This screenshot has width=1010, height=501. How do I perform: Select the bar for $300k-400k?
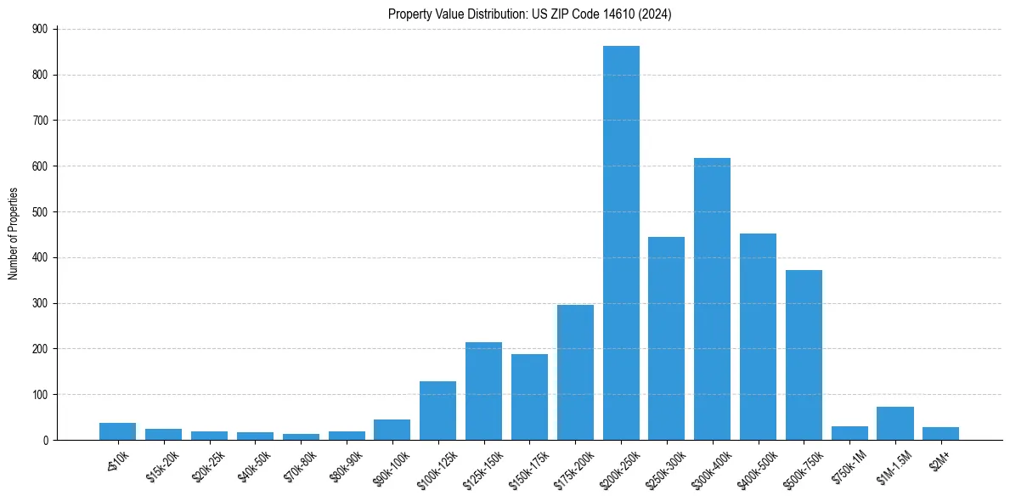point(712,299)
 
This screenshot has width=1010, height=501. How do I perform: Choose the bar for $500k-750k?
point(804,355)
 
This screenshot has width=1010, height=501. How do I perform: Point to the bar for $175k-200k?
point(575,372)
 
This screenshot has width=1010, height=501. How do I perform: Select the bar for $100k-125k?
point(437,410)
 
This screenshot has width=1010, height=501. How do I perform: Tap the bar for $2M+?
point(940,433)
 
